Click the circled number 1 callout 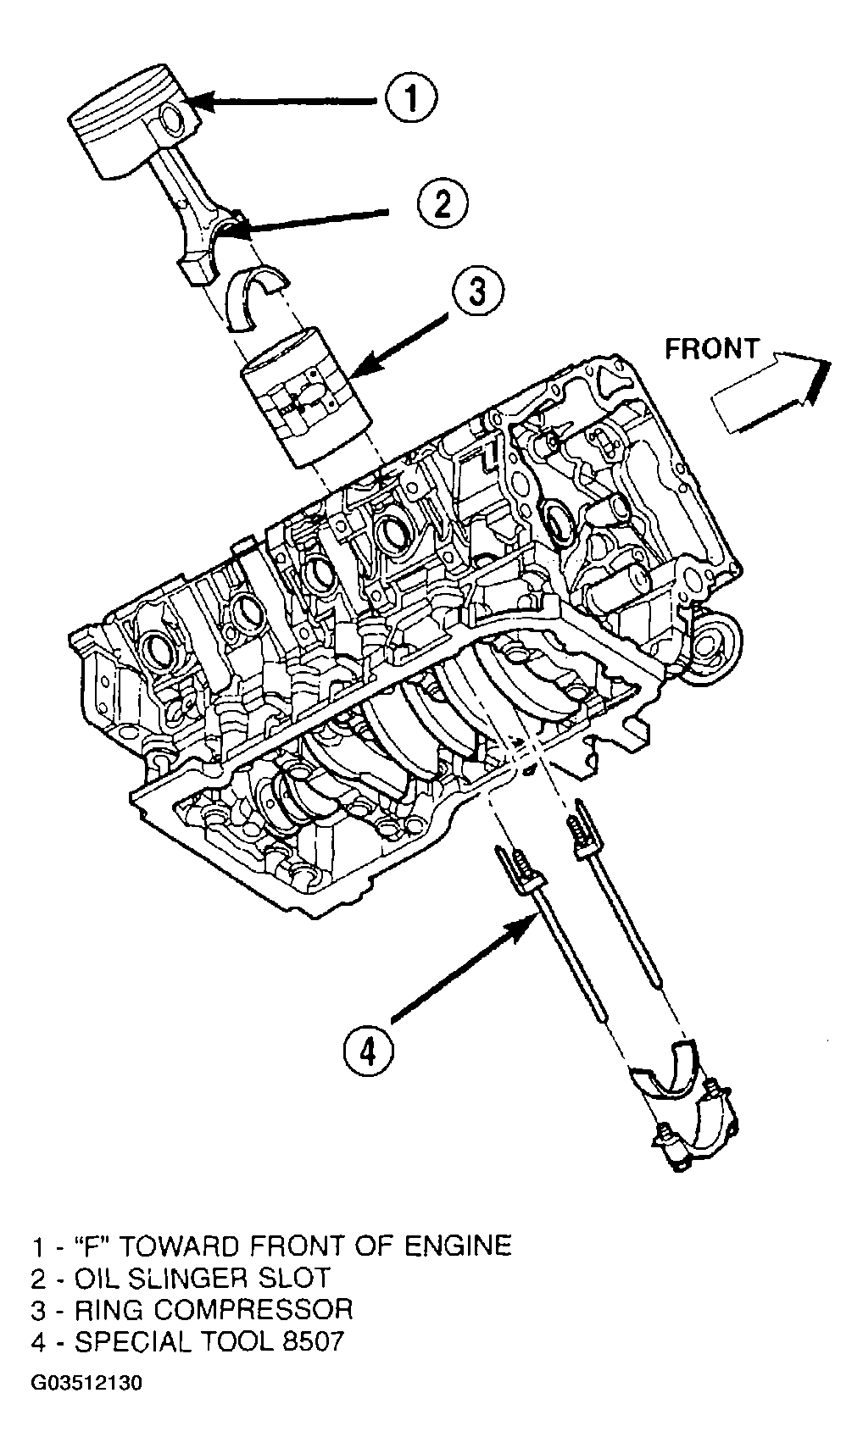[x=409, y=100]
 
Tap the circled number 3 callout [x=476, y=293]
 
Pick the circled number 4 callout [x=369, y=1052]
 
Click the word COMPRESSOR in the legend [x=253, y=1309]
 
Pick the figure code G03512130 [x=88, y=1384]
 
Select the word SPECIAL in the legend [x=136, y=1342]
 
